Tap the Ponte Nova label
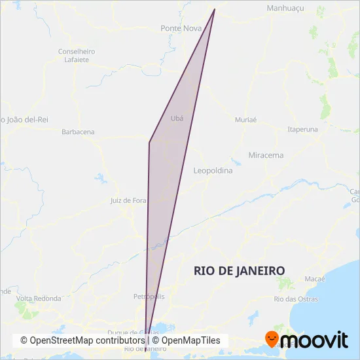181,29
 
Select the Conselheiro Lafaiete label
77,55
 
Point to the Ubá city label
177,118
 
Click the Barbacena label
78,132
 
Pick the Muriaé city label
246,120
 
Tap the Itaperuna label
302,129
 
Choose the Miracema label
266,155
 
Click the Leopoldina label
213,170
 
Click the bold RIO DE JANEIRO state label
240,270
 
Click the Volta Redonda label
39,298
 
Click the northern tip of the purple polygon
215,9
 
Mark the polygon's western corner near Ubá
150,142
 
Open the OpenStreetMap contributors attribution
82,341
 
